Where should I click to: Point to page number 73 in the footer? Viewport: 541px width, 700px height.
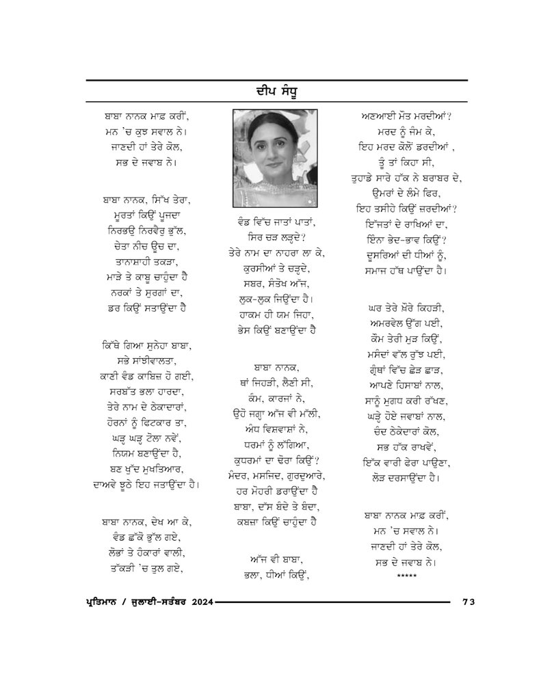[469, 602]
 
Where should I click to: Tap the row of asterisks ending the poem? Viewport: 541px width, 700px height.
[406, 578]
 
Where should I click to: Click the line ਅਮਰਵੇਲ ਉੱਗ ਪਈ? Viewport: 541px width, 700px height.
[406, 322]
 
